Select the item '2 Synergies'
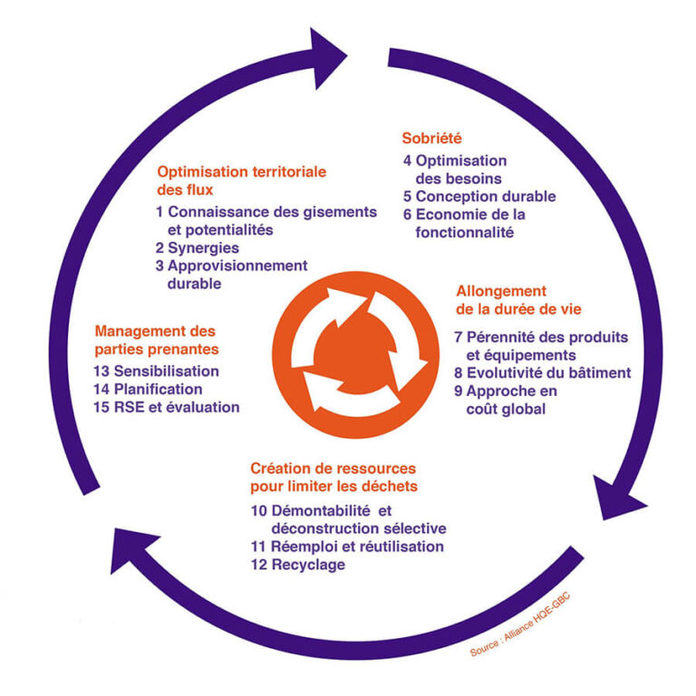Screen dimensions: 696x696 point(197,247)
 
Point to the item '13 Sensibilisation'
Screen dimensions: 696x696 point(157,371)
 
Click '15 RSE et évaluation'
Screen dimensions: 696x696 point(167,407)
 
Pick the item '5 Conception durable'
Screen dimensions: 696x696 point(479,197)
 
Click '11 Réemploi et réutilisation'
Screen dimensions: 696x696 point(347,546)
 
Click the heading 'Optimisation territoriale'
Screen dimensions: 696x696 point(241,171)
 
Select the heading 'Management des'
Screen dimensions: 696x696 point(155,331)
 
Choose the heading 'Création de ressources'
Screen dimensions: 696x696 point(333,469)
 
